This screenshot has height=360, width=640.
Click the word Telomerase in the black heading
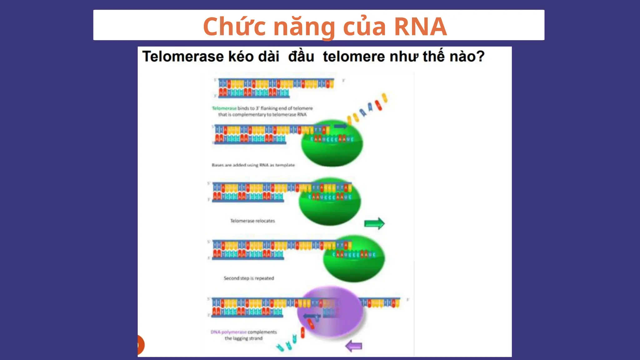pos(183,57)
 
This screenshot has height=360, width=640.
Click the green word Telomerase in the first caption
pos(224,108)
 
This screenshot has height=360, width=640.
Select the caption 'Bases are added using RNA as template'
pos(253,165)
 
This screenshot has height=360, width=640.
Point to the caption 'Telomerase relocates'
pos(252,221)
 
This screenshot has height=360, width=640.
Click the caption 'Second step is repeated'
pos(249,278)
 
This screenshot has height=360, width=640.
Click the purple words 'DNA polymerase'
pos(228,332)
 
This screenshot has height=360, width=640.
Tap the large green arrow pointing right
pos(374,223)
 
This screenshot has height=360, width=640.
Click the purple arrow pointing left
pos(354,346)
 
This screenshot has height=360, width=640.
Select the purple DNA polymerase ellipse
pos(331,311)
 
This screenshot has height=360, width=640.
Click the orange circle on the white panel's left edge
pos(140,345)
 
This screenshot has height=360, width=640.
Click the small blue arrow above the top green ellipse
pos(340,126)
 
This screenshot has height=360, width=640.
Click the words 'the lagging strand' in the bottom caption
pos(244,338)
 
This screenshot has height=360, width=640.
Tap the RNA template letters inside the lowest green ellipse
pos(354,255)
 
